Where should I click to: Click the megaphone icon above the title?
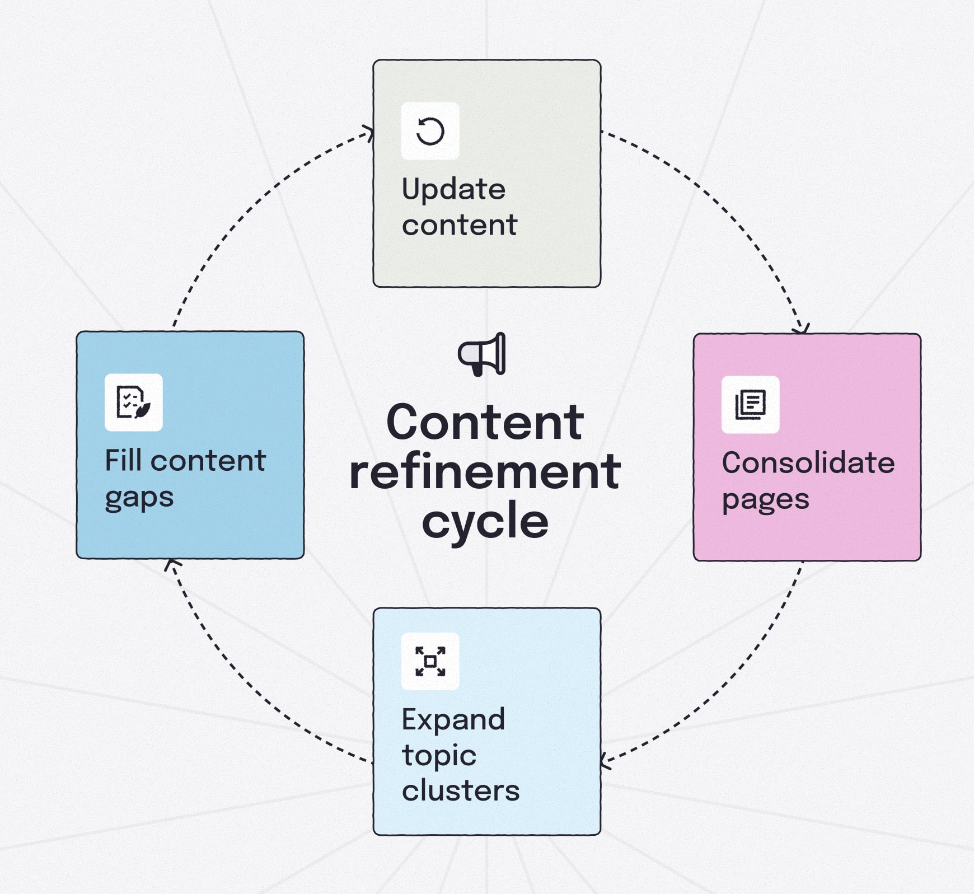[482, 354]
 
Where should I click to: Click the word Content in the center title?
[485, 423]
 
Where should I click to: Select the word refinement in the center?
[485, 472]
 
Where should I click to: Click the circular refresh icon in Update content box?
[430, 131]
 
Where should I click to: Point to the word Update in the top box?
[453, 189]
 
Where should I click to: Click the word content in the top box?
[459, 225]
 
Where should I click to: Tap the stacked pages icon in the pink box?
[750, 404]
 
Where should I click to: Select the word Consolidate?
[808, 463]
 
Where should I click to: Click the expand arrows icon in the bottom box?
[430, 661]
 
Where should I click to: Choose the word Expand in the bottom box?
[453, 719]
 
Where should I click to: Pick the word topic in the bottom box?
[439, 756]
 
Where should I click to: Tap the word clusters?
[460, 791]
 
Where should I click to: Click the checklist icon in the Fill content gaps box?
[133, 402]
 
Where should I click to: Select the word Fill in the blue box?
[123, 461]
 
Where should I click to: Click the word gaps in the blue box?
[139, 498]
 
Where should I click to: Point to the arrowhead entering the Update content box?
[369, 133]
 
